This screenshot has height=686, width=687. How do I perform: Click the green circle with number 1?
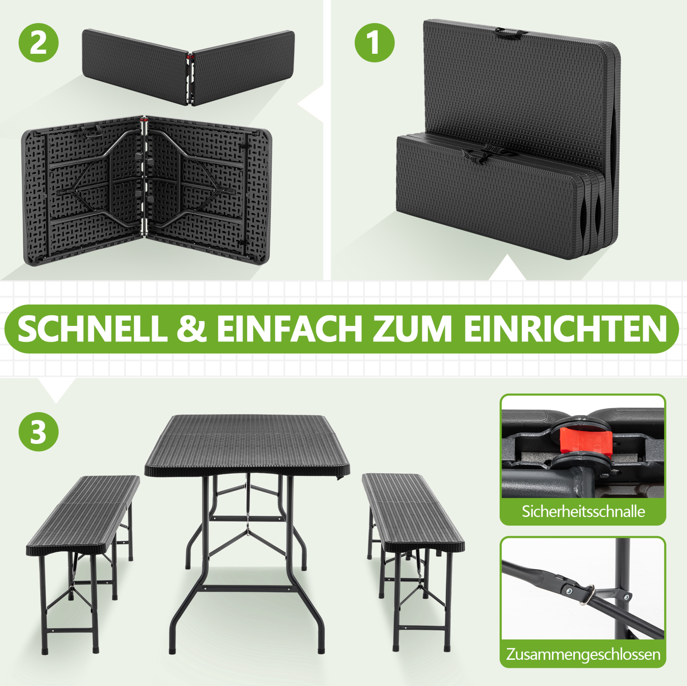point(375,43)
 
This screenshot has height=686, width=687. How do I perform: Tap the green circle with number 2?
point(38,43)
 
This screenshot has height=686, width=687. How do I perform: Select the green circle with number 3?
point(38,432)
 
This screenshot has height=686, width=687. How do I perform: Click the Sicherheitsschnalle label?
point(583,511)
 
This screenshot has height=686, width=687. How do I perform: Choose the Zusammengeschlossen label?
point(583,654)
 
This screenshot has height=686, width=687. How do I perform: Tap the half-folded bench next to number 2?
point(188,67)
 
